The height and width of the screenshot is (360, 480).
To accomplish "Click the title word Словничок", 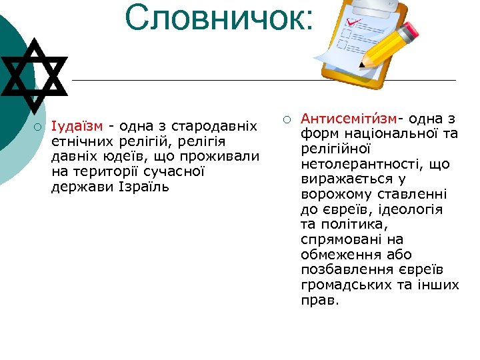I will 218,18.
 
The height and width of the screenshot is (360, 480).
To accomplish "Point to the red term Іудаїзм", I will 77,127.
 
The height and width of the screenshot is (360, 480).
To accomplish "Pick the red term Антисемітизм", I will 349,119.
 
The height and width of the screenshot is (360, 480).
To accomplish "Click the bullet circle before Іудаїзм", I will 39,127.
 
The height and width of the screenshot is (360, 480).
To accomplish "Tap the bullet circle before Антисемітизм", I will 285,119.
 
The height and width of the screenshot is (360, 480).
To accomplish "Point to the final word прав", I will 320,300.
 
